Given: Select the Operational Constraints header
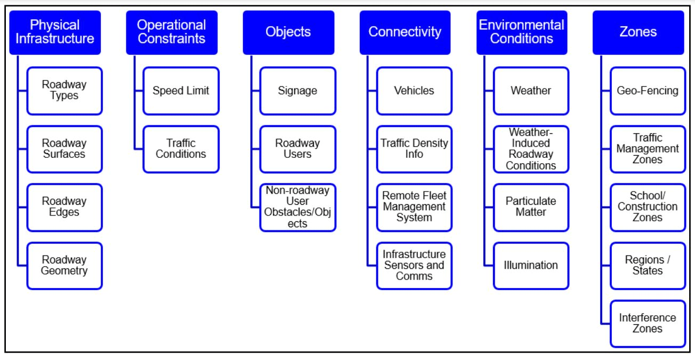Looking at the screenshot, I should click(x=171, y=32).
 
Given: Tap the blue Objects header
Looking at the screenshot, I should click(x=288, y=32).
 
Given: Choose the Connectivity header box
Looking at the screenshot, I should click(x=405, y=32).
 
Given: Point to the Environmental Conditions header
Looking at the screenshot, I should click(x=521, y=32).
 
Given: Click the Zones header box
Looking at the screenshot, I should click(x=638, y=32).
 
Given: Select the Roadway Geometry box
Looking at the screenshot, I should click(x=64, y=266).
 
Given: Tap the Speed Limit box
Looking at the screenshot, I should click(x=181, y=91).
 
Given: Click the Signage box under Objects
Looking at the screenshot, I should click(x=297, y=91).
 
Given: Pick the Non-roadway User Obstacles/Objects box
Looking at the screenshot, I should click(x=297, y=207).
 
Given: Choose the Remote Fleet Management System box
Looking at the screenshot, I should click(x=414, y=207).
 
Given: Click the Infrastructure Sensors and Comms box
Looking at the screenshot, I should click(x=414, y=266).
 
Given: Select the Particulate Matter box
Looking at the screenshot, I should click(x=531, y=207).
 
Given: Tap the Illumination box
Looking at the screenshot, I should click(x=531, y=266).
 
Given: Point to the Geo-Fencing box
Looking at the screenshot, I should click(x=648, y=91).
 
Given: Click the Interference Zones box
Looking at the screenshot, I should click(x=648, y=324).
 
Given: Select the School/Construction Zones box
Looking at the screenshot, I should click(x=648, y=207).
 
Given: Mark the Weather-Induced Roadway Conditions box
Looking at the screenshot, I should click(x=531, y=149).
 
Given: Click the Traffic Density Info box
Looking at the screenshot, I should click(x=414, y=149).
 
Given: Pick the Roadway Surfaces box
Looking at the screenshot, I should click(x=64, y=149).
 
